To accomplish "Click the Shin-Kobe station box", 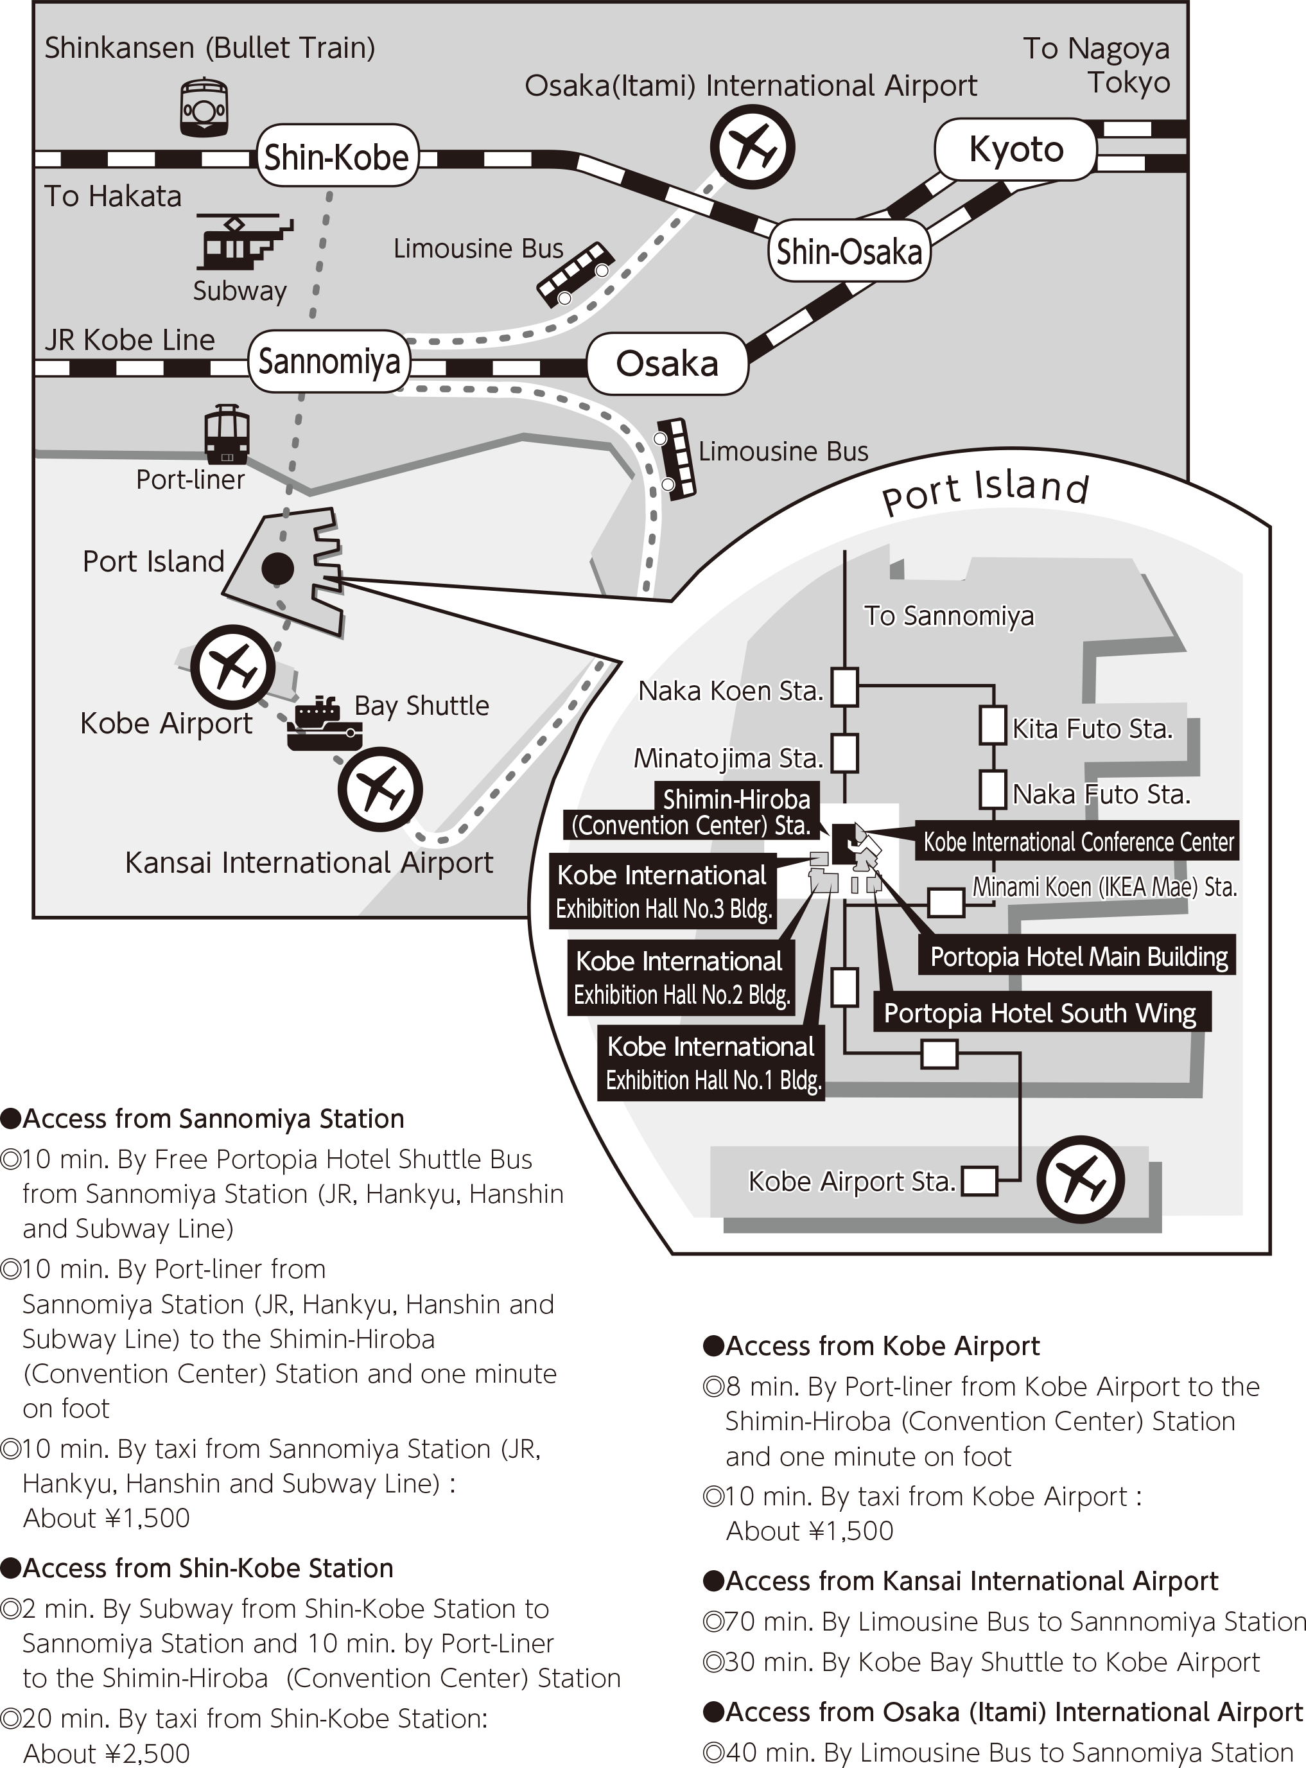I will [337, 156].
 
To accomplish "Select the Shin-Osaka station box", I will [849, 252].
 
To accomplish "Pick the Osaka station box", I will [667, 363].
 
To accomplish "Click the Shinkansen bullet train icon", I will [204, 107].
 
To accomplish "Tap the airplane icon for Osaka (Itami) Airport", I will [752, 147].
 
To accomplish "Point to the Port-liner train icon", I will [227, 434].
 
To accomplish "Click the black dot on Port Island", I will [277, 568].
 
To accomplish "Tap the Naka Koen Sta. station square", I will [845, 687].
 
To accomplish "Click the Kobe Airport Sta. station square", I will [979, 1181].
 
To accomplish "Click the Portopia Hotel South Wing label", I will [1040, 1013].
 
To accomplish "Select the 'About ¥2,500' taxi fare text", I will [107, 1753].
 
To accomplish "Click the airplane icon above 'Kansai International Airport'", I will [380, 789].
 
